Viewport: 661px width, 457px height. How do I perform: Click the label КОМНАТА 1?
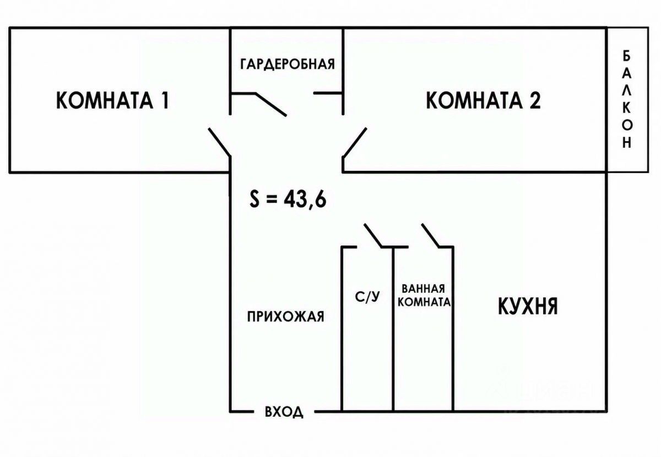coord(112,100)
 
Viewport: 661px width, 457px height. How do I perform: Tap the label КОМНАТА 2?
coord(484,100)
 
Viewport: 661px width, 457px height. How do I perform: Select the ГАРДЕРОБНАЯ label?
coord(288,64)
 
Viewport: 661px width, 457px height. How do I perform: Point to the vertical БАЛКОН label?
coord(627,100)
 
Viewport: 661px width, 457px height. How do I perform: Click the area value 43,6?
coord(305,200)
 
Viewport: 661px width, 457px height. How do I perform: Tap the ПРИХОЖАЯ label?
coord(286,316)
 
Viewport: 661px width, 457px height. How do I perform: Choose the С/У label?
coord(367,297)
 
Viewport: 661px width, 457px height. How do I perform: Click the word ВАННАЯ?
coord(423,289)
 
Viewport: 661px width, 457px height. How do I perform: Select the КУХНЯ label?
coord(528,307)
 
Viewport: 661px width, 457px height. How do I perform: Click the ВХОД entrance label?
coord(284,412)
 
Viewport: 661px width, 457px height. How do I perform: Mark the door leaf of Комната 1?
coord(220,142)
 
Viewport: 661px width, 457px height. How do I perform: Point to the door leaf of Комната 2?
coord(355,142)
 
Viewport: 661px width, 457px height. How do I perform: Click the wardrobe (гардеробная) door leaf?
coord(270,104)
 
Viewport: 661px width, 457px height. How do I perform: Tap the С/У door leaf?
coord(373,235)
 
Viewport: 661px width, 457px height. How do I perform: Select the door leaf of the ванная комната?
coord(431,235)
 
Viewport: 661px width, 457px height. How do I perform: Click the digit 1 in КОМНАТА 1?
coord(165,100)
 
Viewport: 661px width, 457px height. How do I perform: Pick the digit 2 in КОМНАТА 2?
coord(535,100)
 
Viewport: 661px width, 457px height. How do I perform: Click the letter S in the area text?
coord(254,200)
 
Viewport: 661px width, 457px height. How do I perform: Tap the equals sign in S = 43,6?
coord(272,200)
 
